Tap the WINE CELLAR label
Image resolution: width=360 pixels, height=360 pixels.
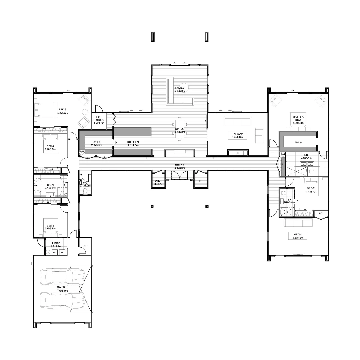pyautogui.click(x=158, y=182)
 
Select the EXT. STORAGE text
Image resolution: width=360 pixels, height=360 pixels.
pyautogui.click(x=99, y=118)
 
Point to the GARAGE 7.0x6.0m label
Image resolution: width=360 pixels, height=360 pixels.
pyautogui.click(x=62, y=289)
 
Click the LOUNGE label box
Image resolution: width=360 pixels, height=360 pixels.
pyautogui.click(x=237, y=136)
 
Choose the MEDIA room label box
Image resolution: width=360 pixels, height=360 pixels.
pyautogui.click(x=298, y=236)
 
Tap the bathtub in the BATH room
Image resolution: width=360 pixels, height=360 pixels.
pyautogui.click(x=38, y=185)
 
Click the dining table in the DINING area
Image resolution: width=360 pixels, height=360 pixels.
pyautogui.click(x=179, y=129)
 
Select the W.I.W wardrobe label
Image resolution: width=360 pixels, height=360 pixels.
pyautogui.click(x=299, y=142)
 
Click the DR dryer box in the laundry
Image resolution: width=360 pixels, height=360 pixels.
pyautogui.click(x=55, y=252)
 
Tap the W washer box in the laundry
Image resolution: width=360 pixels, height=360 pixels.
pyautogui.click(x=62, y=252)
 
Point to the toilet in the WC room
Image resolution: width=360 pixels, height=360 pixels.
pyautogui.click(x=85, y=191)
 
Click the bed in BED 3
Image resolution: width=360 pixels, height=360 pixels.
pyautogui.click(x=46, y=110)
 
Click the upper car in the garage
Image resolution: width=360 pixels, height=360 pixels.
pyautogui.click(x=62, y=277)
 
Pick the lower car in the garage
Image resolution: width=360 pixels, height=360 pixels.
pyautogui.click(x=62, y=303)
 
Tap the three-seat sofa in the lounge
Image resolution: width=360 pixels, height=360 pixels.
pyautogui.click(x=237, y=121)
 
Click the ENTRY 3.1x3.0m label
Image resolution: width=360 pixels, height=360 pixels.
pyautogui.click(x=179, y=166)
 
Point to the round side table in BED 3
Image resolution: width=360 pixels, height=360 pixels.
pyautogui.click(x=85, y=112)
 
